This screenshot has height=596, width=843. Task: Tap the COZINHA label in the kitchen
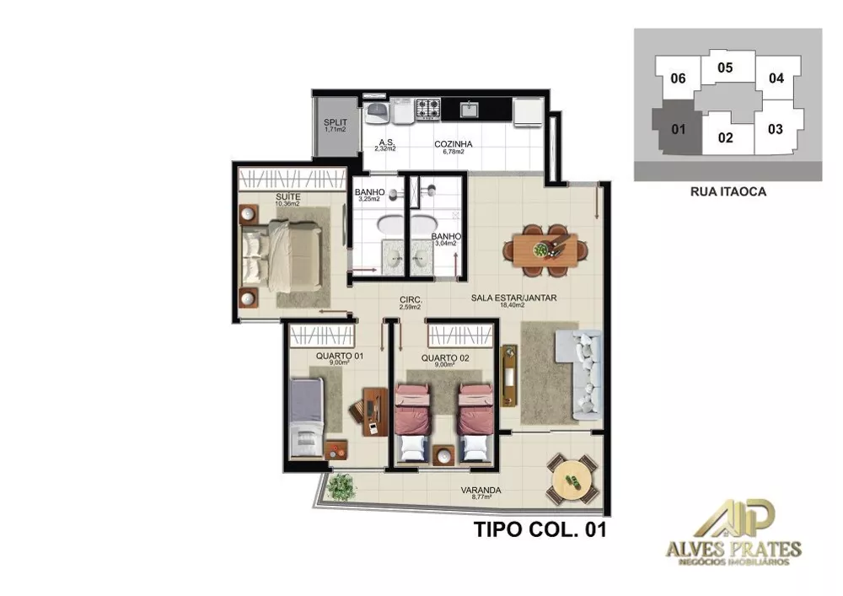pyautogui.click(x=454, y=144)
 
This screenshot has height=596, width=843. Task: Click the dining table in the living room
pyautogui.click(x=546, y=250)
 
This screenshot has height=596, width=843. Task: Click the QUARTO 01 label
pyautogui.click(x=339, y=357)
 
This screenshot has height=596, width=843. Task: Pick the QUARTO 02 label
pyautogui.click(x=444, y=357)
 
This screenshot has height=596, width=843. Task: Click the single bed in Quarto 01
pyautogui.click(x=306, y=416)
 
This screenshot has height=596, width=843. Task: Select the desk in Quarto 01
pyautogui.click(x=371, y=411)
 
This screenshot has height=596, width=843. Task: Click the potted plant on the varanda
pyautogui.click(x=341, y=486)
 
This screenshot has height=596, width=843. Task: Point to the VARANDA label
pyautogui.click(x=481, y=491)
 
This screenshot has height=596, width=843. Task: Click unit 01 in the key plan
pyautogui.click(x=675, y=129)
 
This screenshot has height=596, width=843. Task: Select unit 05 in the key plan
pyautogui.click(x=724, y=67)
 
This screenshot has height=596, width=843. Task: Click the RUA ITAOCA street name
pyautogui.click(x=728, y=191)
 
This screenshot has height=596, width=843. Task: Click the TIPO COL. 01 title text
pyautogui.click(x=540, y=530)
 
